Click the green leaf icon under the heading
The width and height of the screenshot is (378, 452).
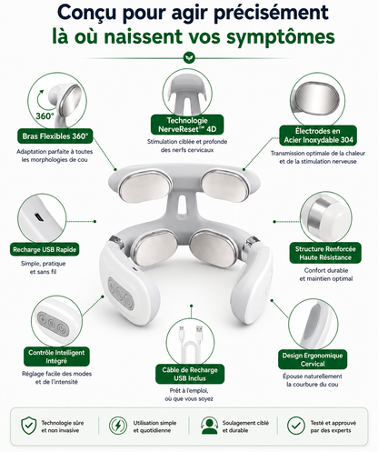pyautogui.click(x=189, y=57)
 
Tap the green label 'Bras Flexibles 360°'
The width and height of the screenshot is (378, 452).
pyautogui.click(x=55, y=136)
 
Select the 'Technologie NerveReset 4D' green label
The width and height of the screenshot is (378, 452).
pyautogui.click(x=187, y=125)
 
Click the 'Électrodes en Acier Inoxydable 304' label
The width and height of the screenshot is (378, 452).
pyautogui.click(x=318, y=136)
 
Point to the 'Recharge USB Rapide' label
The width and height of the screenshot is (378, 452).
pyautogui.click(x=45, y=249)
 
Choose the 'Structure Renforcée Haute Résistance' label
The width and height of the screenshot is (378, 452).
pyautogui.click(x=325, y=253)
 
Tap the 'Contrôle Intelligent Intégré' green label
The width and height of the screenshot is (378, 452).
pyautogui.click(x=56, y=357)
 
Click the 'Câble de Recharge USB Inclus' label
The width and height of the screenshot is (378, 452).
pyautogui.click(x=190, y=374)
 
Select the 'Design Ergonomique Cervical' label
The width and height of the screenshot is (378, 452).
pyautogui.click(x=313, y=359)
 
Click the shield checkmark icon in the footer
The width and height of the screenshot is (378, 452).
pyautogui.click(x=29, y=425)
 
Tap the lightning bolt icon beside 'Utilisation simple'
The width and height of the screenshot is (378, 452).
pyautogui.click(x=118, y=426)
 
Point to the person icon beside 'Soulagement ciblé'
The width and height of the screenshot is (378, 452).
pyautogui.click(x=210, y=426)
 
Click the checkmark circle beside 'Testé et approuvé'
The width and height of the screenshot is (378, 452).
pyautogui.click(x=296, y=426)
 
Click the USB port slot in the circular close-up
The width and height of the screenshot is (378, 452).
pyautogui.click(x=38, y=217)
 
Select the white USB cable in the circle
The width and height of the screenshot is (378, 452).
pyautogui.click(x=191, y=341)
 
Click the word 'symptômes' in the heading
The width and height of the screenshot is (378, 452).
pyautogui.click(x=281, y=36)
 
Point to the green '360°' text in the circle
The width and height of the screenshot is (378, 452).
pyautogui.click(x=45, y=116)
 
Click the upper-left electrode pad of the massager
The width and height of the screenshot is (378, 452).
pyautogui.click(x=145, y=186)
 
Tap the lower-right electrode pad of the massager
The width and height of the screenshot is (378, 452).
pyautogui.click(x=213, y=248)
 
